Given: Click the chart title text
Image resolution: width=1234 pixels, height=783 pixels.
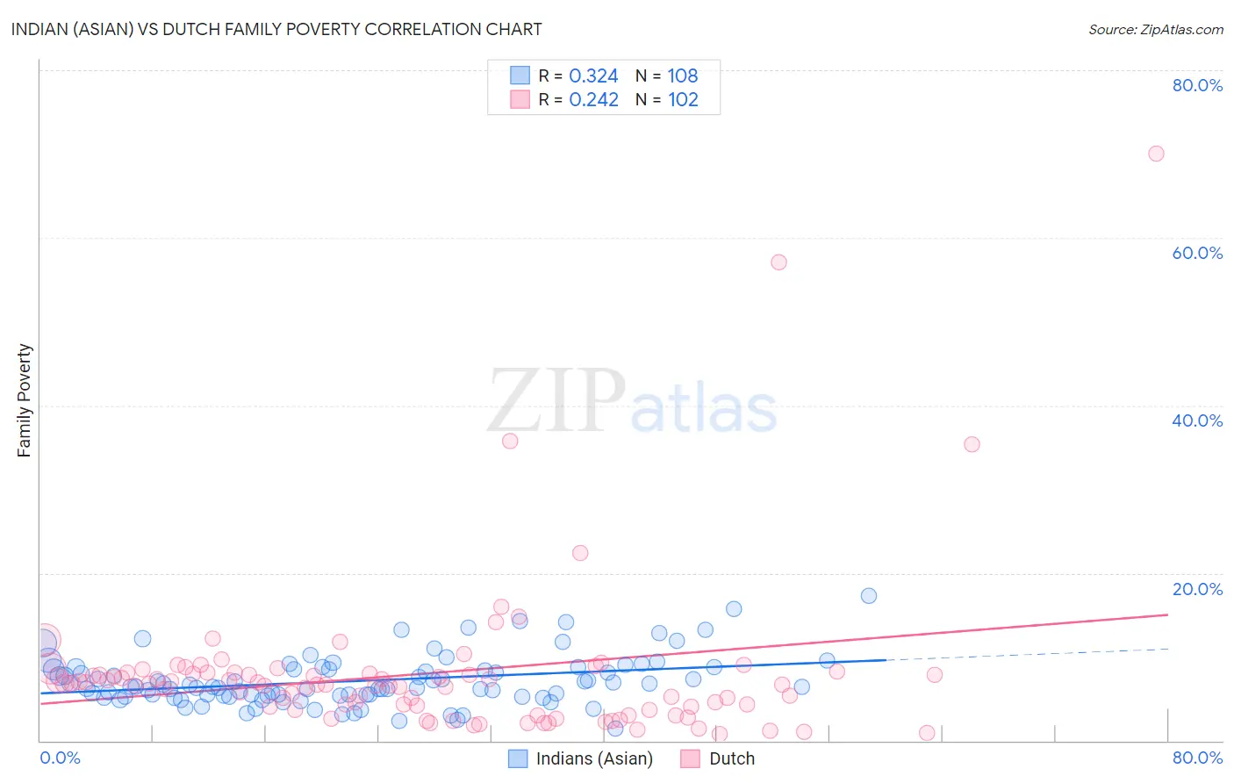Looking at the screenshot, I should tap(276, 29).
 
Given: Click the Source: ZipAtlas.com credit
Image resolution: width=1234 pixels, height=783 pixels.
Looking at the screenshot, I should tap(1155, 30).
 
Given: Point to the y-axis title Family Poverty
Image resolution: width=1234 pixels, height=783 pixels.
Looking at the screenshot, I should tap(25, 400).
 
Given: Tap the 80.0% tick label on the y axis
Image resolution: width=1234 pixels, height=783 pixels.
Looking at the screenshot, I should tap(1197, 85).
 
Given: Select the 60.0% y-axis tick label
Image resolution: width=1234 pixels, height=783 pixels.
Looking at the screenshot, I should tap(1197, 253).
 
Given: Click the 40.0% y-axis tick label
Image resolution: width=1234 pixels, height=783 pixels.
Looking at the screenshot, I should tap(1197, 420).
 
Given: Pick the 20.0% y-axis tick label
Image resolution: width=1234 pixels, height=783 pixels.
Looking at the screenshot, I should tap(1197, 589).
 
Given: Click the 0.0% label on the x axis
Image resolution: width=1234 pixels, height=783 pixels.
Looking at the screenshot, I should tap(60, 758).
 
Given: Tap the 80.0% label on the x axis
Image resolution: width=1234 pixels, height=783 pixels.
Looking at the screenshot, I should tap(1197, 758).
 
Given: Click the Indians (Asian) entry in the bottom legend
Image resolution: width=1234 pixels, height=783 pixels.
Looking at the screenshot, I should tap(594, 759).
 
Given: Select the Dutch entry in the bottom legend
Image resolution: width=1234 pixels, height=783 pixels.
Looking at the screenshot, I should tap(731, 759).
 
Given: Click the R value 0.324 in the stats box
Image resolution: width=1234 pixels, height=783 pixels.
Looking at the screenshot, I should tap(593, 76).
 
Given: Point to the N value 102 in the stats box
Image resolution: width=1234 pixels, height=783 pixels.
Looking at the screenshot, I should tap(683, 100).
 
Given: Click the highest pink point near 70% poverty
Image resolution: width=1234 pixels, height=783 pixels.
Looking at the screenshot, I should tap(1156, 154).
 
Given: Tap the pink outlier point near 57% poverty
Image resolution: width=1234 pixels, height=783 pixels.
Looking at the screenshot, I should tap(778, 262).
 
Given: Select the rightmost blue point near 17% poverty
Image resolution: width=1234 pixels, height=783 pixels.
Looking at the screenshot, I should tap(869, 596).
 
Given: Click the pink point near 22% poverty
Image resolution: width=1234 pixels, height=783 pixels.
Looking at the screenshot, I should tap(580, 553).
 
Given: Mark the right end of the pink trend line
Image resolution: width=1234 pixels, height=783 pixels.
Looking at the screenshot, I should tap(1167, 614).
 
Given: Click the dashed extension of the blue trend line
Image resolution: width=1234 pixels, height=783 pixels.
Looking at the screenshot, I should tap(1027, 654).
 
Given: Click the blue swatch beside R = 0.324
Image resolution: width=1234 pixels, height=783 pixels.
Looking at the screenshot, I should tap(520, 76).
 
